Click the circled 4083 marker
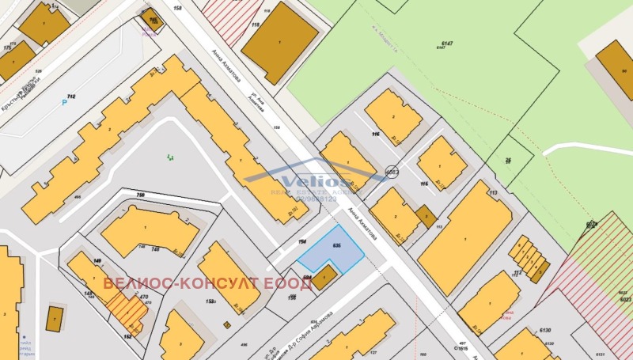coord(391,172)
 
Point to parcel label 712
coord(71,96)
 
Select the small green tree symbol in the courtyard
coord(170,158)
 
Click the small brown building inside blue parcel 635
coord(324,277)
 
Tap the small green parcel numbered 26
coord(509,159)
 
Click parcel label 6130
coord(544,332)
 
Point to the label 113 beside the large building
coord(491,192)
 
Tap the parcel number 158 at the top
coord(177,8)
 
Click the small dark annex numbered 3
coord(426,215)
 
